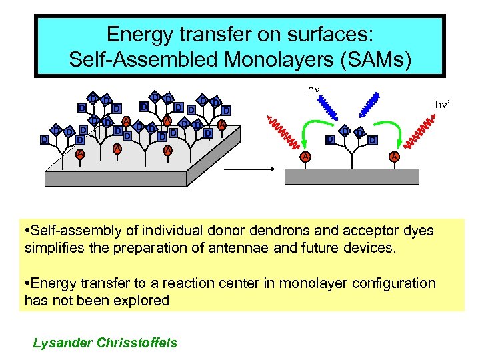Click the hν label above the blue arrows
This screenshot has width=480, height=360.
313,89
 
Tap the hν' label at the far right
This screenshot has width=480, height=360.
443,105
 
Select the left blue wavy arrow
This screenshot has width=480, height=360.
331,105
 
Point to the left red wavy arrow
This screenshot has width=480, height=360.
282,129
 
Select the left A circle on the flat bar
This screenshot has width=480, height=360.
305,157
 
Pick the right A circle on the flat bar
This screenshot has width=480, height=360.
393,157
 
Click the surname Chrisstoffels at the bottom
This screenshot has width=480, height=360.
137,343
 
